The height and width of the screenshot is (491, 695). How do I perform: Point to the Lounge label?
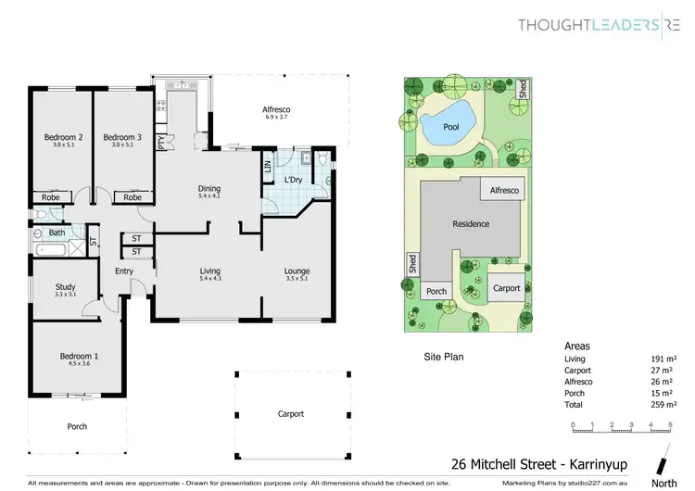pyautogui.click(x=297, y=271)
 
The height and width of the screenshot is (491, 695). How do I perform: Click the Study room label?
pyautogui.click(x=65, y=286)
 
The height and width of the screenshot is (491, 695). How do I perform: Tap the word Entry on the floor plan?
pyautogui.click(x=124, y=271)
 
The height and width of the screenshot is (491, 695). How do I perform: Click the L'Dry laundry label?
pyautogui.click(x=295, y=180)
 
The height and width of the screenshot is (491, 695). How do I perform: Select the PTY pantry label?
pyautogui.click(x=161, y=143)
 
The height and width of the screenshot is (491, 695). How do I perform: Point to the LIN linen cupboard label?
pyautogui.click(x=268, y=167)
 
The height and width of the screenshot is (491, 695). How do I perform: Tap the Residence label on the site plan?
pyautogui.click(x=471, y=224)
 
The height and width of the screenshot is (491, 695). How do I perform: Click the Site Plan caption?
pyautogui.click(x=444, y=356)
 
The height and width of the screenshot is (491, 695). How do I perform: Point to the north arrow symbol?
pyautogui.click(x=662, y=463)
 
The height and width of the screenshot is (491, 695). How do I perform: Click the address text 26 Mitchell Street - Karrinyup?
pyautogui.click(x=528, y=463)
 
